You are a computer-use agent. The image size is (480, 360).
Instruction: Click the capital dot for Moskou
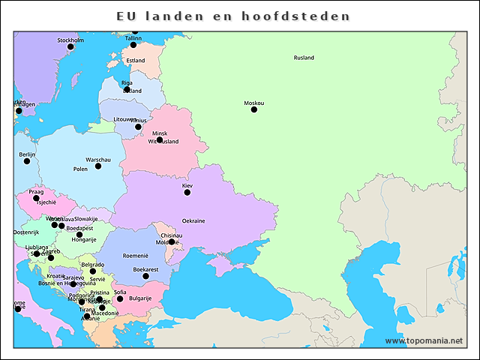click(253, 109)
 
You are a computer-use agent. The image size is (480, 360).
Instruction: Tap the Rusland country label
click(304, 58)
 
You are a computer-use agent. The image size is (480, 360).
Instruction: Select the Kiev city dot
click(187, 193)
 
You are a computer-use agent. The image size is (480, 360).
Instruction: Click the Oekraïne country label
click(193, 221)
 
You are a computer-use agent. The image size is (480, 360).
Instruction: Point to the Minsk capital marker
click(159, 139)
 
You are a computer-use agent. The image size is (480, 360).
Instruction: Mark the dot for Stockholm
click(70, 46)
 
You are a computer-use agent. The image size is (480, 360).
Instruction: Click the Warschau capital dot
click(97, 166)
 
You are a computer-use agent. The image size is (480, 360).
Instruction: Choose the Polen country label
click(80, 169)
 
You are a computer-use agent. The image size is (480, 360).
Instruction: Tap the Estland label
click(136, 61)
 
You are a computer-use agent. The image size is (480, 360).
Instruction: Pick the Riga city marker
click(127, 89)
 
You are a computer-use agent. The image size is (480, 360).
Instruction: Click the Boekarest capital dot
click(145, 276)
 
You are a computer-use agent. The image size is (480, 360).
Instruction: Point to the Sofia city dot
click(120, 298)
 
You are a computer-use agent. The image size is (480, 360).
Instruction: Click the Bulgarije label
click(140, 298)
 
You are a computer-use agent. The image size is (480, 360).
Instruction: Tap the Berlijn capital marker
click(27, 161)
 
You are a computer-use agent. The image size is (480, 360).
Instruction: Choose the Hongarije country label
click(83, 240)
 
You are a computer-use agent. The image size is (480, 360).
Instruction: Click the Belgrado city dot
click(93, 271)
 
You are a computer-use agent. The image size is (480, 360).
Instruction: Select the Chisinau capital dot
click(172, 241)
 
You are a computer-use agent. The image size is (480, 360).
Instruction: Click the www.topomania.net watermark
click(424, 340)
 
